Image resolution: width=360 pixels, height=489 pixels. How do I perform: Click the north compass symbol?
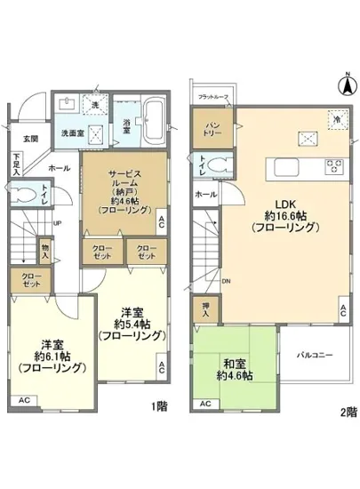pyautogui.click(x=343, y=85)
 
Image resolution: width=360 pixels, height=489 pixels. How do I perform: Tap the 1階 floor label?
pyautogui.click(x=159, y=407)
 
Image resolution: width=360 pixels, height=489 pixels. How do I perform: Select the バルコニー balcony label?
pyautogui.click(x=315, y=355)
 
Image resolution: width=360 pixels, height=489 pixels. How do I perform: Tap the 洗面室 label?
pyautogui.click(x=74, y=132)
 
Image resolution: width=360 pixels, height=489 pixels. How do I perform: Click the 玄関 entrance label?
pyautogui.click(x=31, y=140)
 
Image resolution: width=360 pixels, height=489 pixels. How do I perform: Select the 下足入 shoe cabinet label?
pyautogui.click(x=16, y=163)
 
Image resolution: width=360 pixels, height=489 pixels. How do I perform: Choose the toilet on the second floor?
pyautogui.click(x=221, y=164)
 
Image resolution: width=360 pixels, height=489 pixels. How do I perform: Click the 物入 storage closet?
pyautogui.click(x=45, y=245)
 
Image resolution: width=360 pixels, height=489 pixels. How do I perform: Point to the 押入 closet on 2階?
pyautogui.click(x=205, y=310)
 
